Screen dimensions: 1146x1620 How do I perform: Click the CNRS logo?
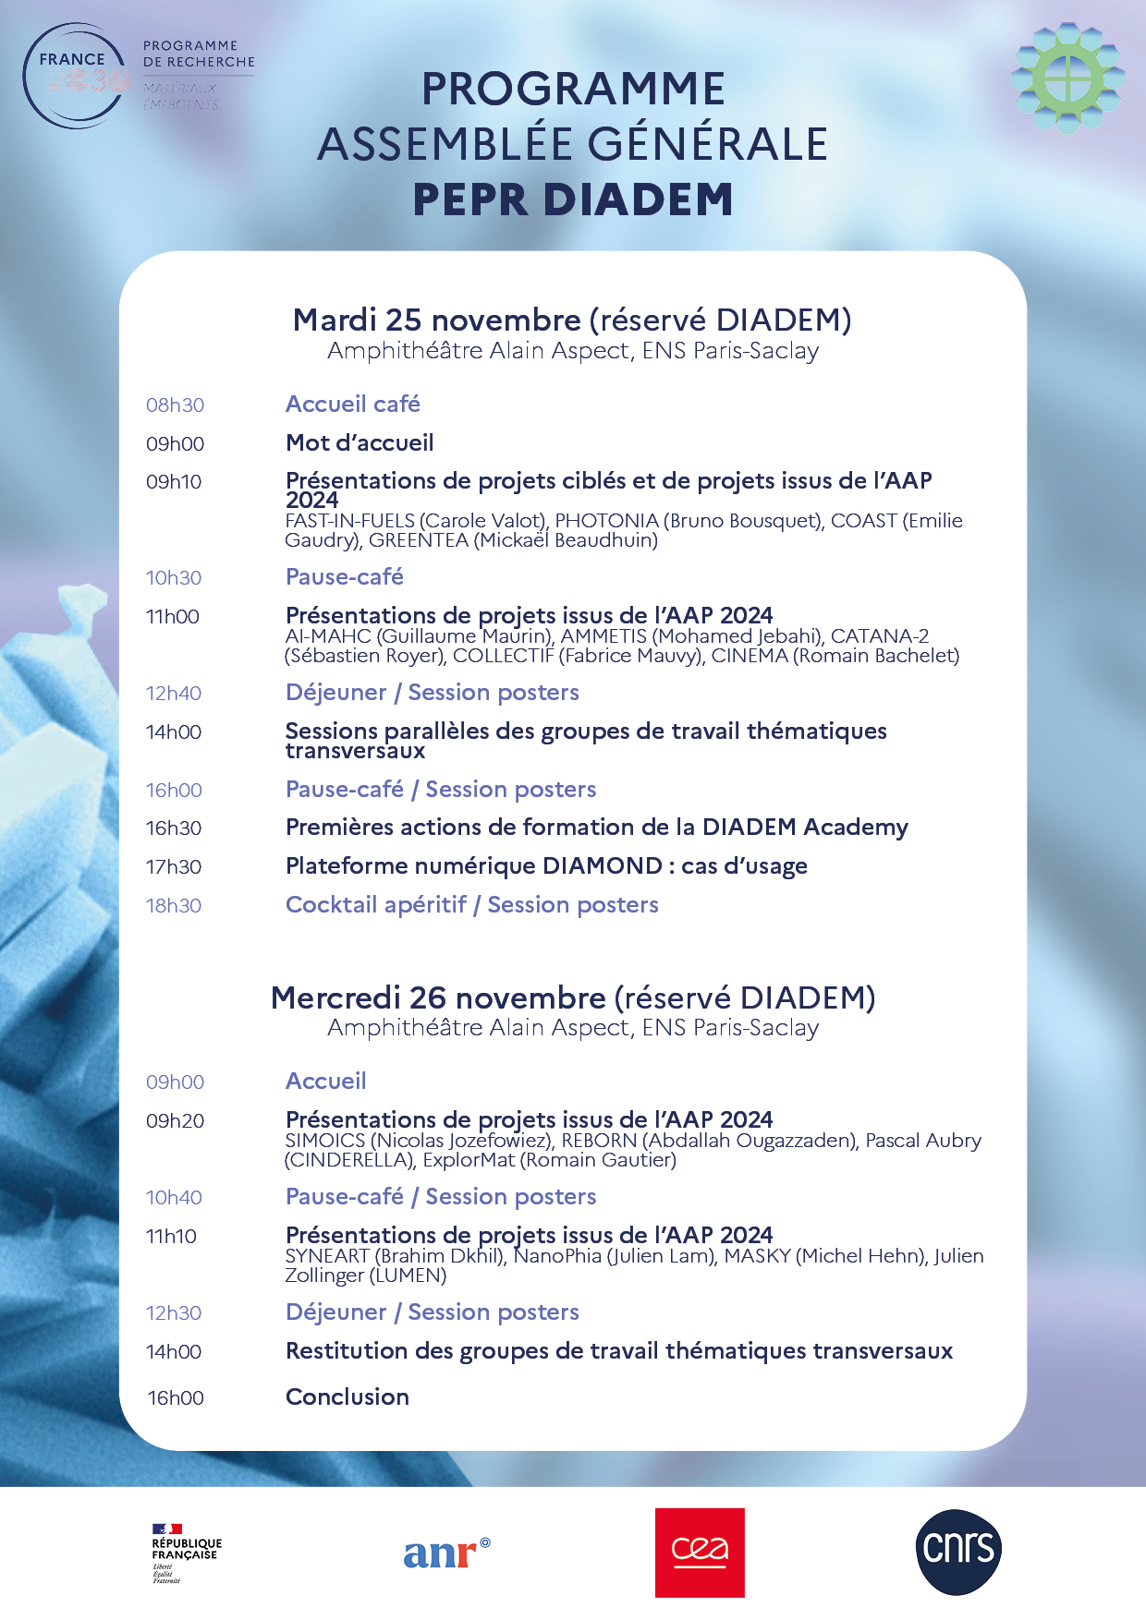click(958, 1552)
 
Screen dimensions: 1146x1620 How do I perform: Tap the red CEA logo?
click(700, 1553)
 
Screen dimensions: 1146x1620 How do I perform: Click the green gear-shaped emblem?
click(1067, 78)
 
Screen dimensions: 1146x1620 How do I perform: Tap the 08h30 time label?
click(175, 405)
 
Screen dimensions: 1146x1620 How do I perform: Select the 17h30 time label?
click(174, 867)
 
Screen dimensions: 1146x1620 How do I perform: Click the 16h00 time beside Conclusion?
click(176, 1398)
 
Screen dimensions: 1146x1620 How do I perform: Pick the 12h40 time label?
click(174, 694)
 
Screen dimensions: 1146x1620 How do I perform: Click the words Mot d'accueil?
click(360, 443)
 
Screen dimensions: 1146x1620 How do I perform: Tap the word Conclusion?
click(347, 1397)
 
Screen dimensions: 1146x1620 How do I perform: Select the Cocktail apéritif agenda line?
click(472, 905)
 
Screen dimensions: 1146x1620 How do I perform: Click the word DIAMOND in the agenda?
click(603, 866)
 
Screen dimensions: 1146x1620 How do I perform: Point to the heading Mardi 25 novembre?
click(437, 320)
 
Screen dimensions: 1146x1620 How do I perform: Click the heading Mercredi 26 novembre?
click(438, 998)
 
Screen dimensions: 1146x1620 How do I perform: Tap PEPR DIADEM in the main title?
click(573, 199)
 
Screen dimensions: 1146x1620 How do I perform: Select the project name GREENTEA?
click(419, 540)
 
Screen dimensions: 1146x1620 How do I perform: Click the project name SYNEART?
click(327, 1256)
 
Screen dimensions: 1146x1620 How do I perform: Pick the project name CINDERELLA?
click(349, 1160)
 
